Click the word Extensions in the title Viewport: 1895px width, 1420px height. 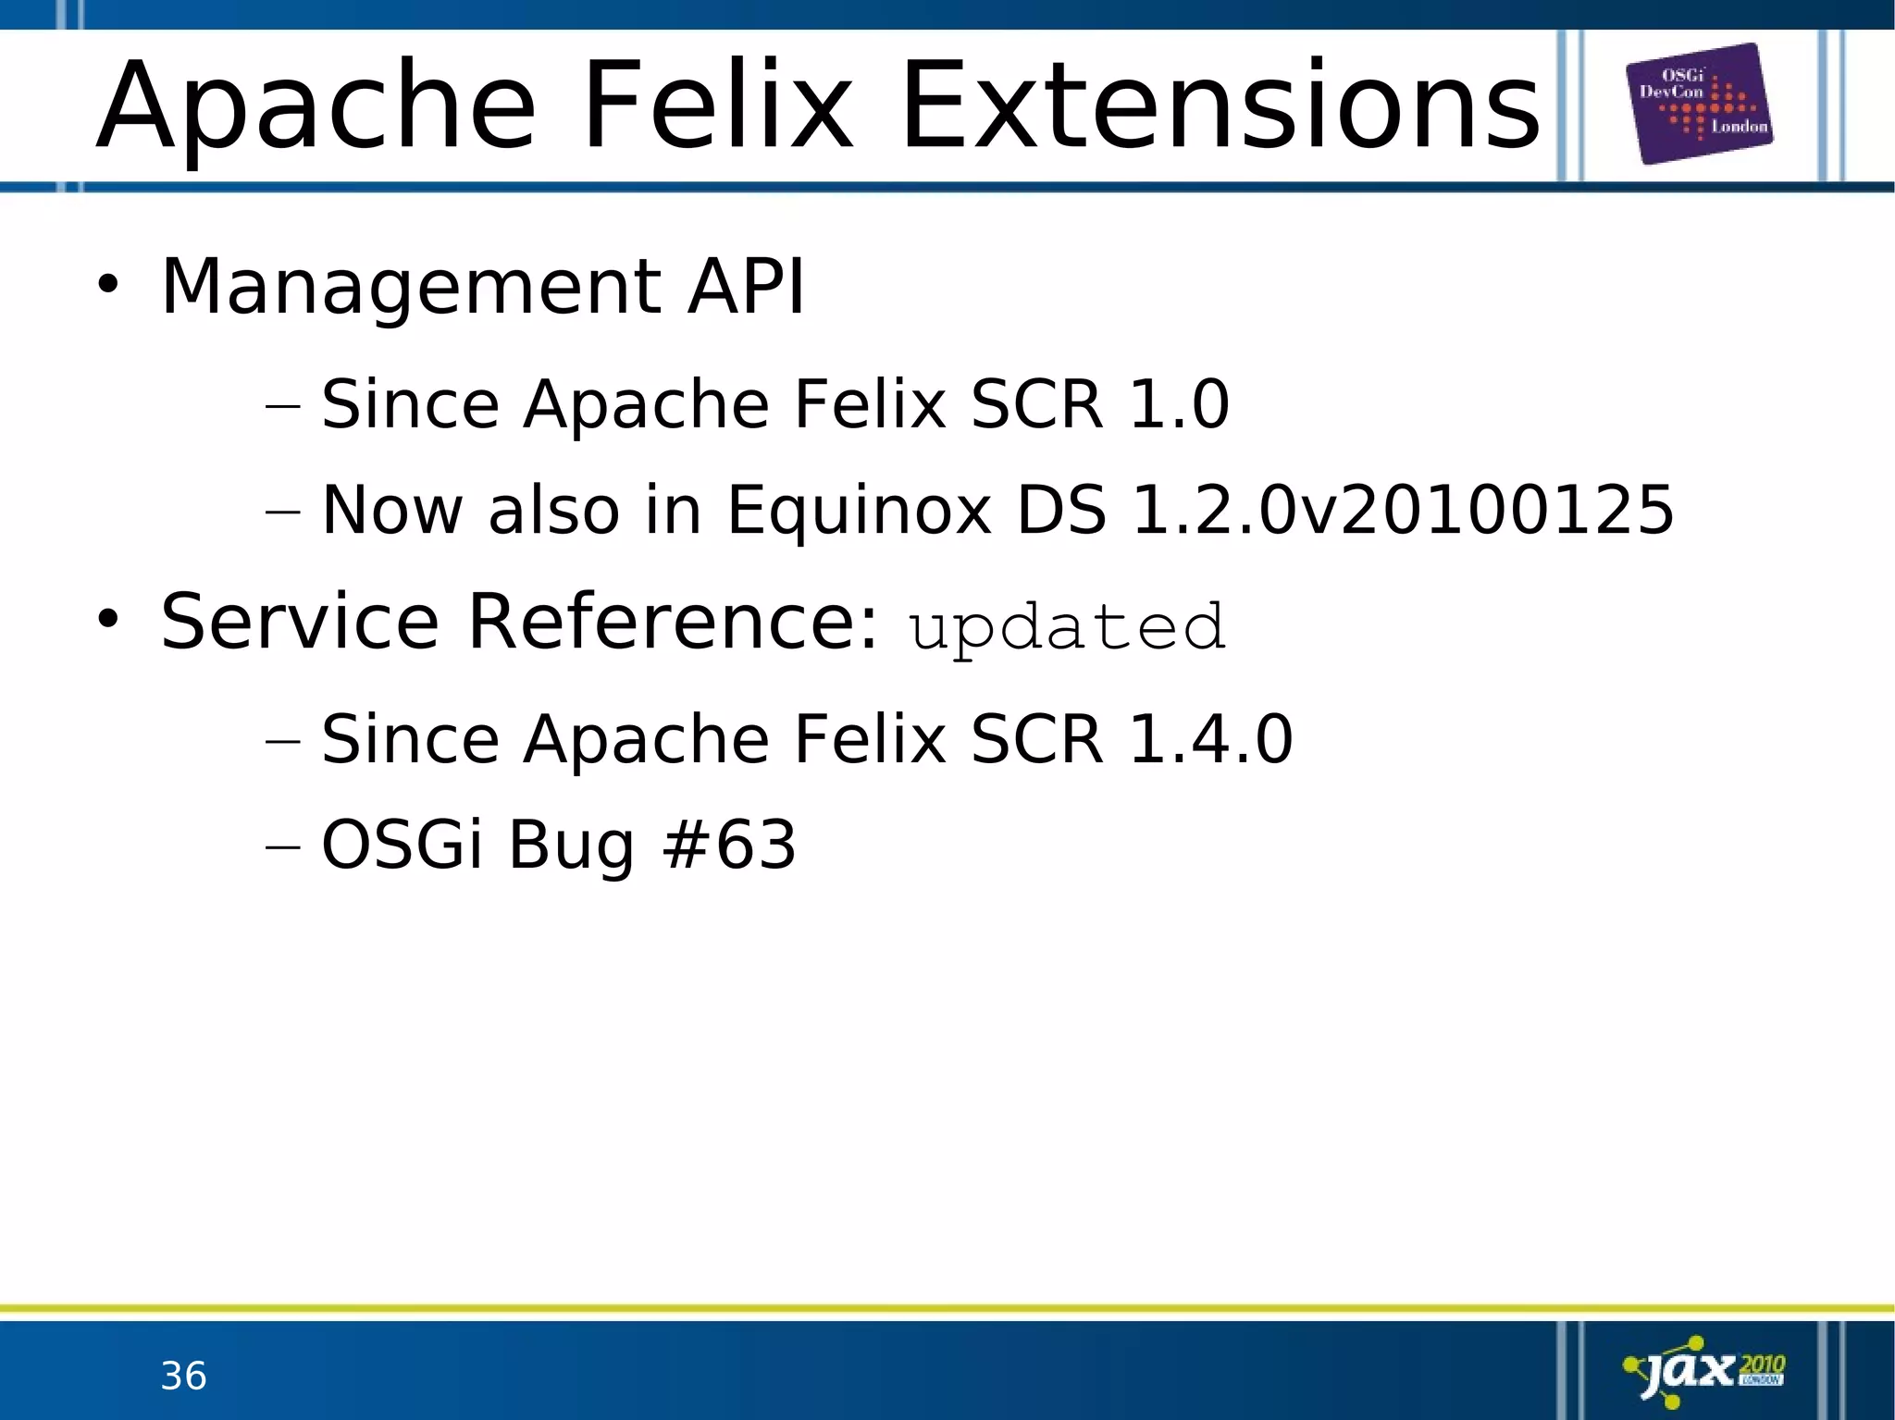(x=1220, y=106)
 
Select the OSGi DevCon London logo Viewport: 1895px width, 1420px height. (x=1699, y=104)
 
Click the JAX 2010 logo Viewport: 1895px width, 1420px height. (x=1704, y=1370)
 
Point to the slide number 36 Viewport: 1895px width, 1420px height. (x=183, y=1376)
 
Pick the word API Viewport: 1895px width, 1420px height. (x=746, y=287)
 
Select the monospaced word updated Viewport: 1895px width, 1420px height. (x=1067, y=626)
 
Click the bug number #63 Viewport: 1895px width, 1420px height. (x=729, y=844)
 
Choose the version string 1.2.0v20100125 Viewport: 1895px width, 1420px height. (x=1403, y=510)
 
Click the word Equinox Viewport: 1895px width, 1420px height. (x=859, y=512)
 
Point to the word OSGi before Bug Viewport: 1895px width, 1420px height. (x=402, y=844)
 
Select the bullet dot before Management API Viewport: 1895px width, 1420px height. (x=108, y=285)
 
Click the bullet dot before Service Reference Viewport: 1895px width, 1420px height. (x=108, y=620)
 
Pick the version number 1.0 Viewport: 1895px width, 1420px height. (x=1179, y=404)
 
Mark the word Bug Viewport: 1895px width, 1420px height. (x=571, y=846)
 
